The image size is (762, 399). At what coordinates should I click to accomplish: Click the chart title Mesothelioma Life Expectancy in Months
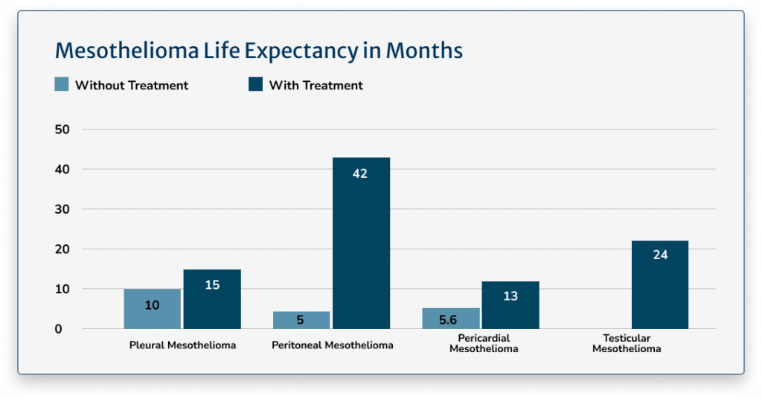[259, 51]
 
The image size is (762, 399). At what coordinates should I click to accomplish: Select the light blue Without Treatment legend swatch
[62, 85]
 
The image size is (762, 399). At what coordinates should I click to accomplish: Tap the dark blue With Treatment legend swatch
[255, 85]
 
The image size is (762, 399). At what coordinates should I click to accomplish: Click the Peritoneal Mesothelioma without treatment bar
[301, 320]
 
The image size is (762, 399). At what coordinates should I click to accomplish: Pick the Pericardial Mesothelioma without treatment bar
[450, 319]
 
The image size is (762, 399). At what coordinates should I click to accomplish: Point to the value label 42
[361, 173]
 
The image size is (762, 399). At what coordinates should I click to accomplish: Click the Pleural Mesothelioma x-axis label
[182, 345]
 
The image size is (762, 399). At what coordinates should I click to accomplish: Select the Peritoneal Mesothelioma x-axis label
[332, 345]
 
